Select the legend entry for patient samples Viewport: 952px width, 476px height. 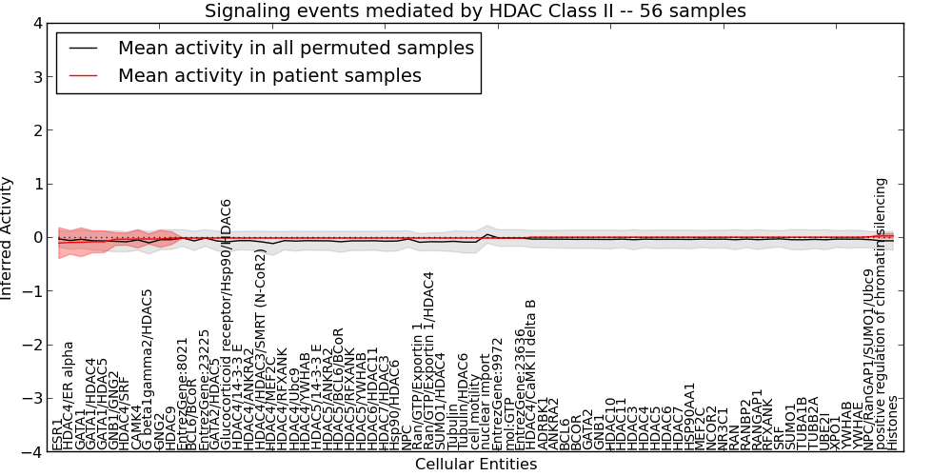[x=269, y=75]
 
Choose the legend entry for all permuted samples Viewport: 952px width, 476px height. [x=296, y=48]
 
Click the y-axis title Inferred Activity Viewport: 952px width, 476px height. [x=9, y=238]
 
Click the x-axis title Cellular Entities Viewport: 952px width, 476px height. [x=476, y=465]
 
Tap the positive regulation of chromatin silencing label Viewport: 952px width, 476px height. [x=881, y=314]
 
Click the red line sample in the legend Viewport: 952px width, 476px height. [x=83, y=75]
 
